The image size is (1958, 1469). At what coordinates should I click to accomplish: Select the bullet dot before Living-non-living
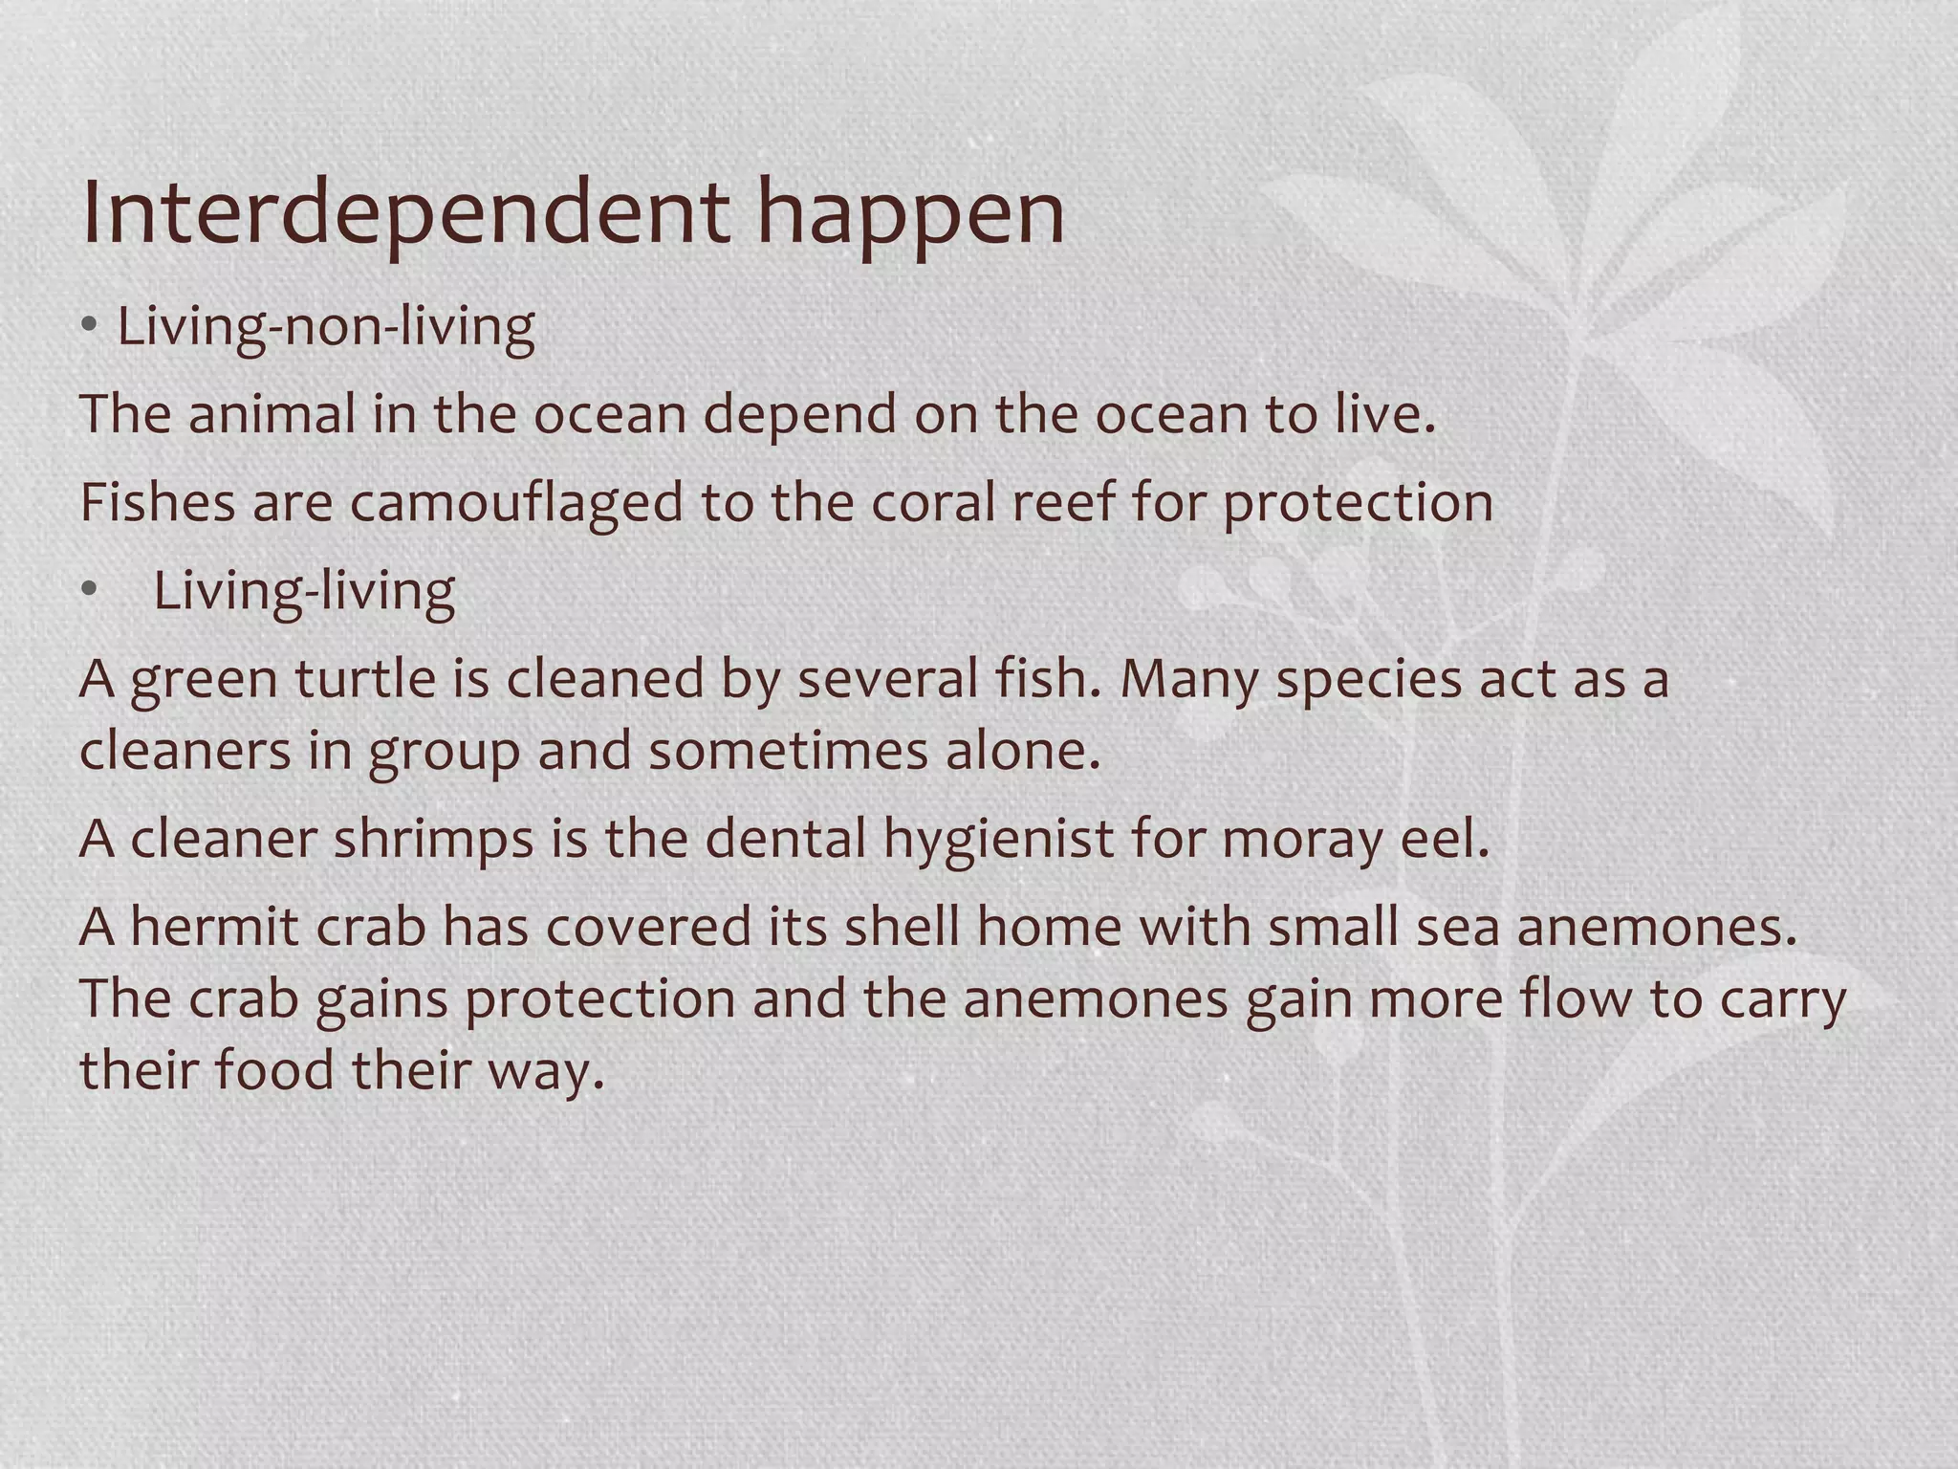pos(90,327)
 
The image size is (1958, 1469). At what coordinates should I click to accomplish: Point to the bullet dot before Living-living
pos(90,591)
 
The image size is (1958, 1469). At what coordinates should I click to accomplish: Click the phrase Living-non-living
pos(325,327)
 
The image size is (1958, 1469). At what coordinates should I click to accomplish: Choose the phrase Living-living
pos(304,591)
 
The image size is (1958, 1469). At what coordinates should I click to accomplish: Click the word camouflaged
pos(516,502)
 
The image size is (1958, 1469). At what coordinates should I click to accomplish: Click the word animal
pos(272,414)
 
